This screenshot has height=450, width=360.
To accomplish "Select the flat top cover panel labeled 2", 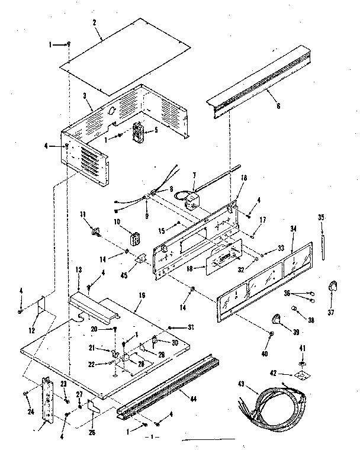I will coord(127,56).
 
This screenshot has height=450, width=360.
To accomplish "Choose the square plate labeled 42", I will coord(302,374).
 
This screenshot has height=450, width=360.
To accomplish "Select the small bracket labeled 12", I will coord(41,307).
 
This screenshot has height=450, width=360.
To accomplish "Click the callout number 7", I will coord(193,175).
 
